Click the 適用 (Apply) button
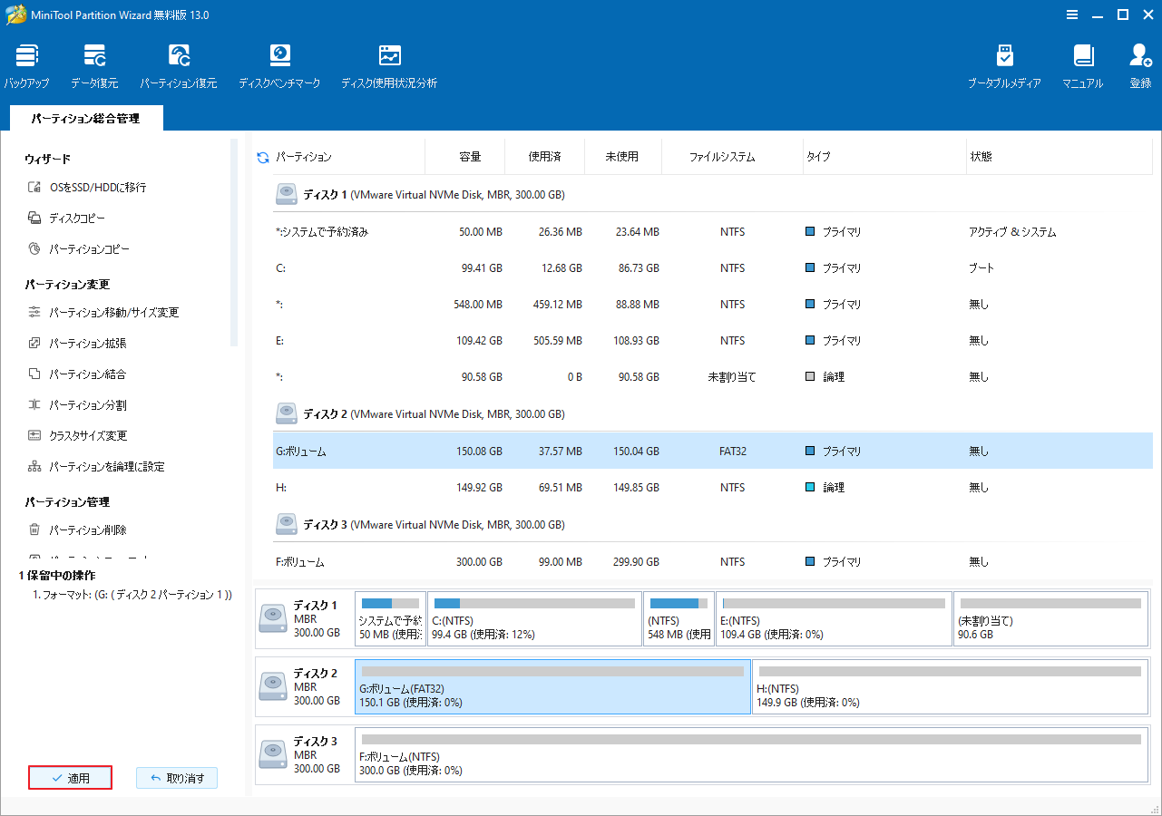[70, 778]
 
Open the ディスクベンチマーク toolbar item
[279, 65]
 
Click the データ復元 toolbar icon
[94, 65]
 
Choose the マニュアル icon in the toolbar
[1083, 65]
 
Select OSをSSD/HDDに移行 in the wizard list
[97, 188]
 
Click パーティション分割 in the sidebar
[88, 405]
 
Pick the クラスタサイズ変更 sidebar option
[88, 436]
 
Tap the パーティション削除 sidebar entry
[88, 530]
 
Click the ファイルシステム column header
[721, 157]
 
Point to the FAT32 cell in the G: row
[732, 452]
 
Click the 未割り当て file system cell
[732, 377]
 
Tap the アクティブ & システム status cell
[1012, 232]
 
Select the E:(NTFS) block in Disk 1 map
[834, 618]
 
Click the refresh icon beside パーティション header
[263, 158]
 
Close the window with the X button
[1147, 15]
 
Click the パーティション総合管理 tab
[85, 119]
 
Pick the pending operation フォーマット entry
[132, 595]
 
